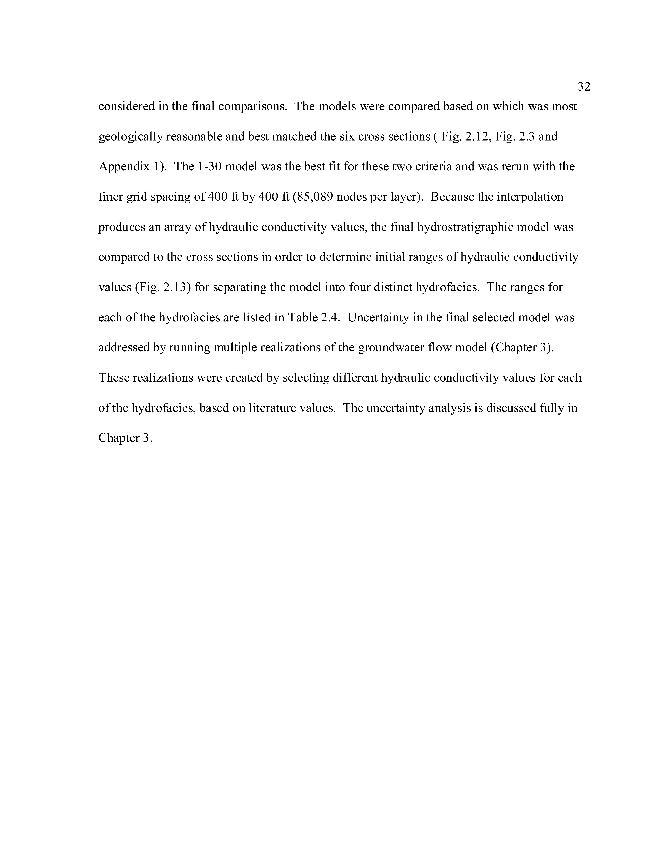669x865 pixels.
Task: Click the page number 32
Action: click(x=584, y=86)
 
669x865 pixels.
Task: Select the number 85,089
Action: click(x=315, y=197)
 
